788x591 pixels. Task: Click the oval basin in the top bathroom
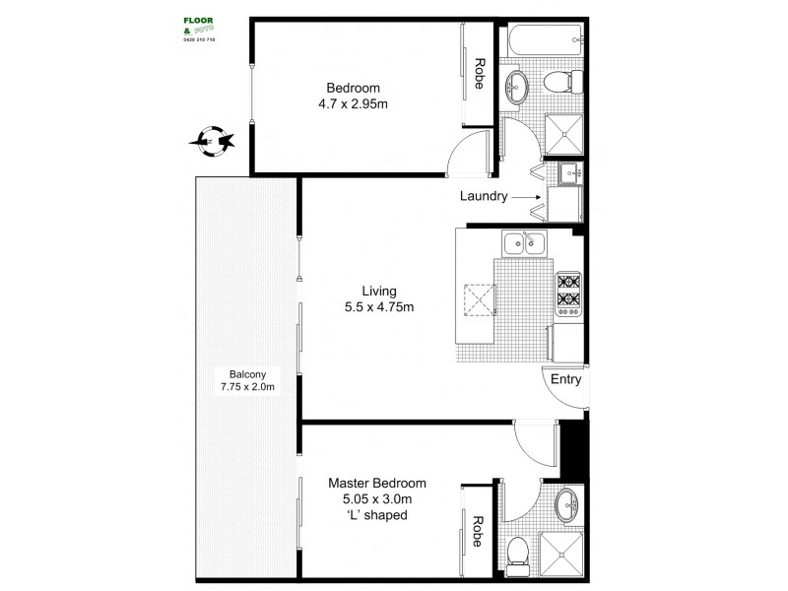[517, 88]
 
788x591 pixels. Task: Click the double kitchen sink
[524, 242]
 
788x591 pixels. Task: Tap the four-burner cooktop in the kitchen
[568, 292]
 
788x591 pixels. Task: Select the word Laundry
[483, 196]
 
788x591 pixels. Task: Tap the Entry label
[565, 379]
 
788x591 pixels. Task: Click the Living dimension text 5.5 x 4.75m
[378, 307]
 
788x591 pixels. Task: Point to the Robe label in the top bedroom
[479, 73]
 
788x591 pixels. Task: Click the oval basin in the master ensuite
[566, 504]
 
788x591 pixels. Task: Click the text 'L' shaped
[378, 515]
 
